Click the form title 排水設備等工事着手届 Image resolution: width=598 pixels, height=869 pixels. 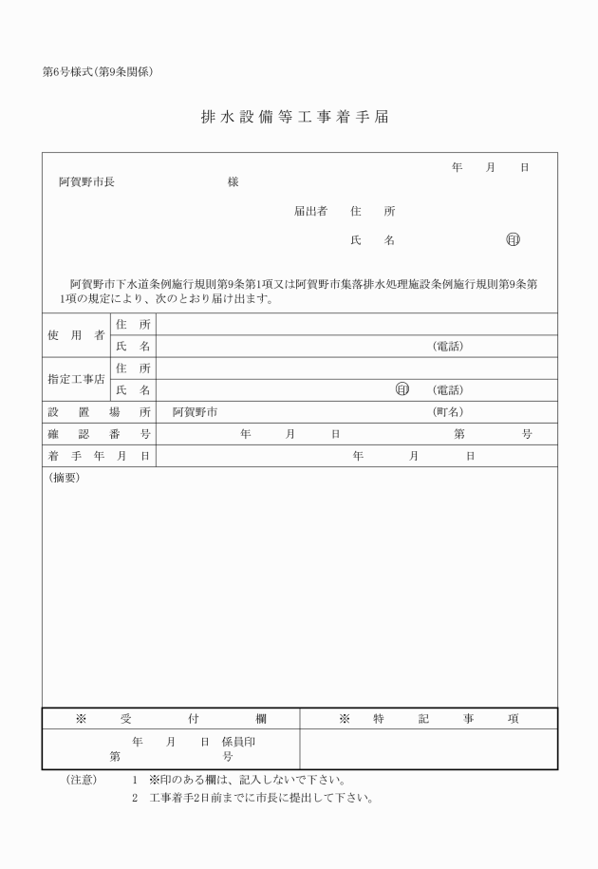294,118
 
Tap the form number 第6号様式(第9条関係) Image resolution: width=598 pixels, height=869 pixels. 99,73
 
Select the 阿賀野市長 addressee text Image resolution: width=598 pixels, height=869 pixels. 86,181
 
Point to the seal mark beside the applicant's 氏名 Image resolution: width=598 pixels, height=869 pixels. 513,240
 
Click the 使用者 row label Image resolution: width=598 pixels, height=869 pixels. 76,335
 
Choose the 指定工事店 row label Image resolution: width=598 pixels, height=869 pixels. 76,379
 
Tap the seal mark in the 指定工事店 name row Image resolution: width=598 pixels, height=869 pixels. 402,389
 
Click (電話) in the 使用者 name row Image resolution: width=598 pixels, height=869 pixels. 448,347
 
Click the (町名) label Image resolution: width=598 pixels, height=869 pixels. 448,412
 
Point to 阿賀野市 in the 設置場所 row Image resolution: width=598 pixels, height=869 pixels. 195,412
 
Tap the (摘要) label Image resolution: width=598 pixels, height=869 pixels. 65,478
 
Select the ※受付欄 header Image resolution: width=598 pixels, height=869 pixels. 171,719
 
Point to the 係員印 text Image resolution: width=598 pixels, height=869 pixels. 238,741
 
